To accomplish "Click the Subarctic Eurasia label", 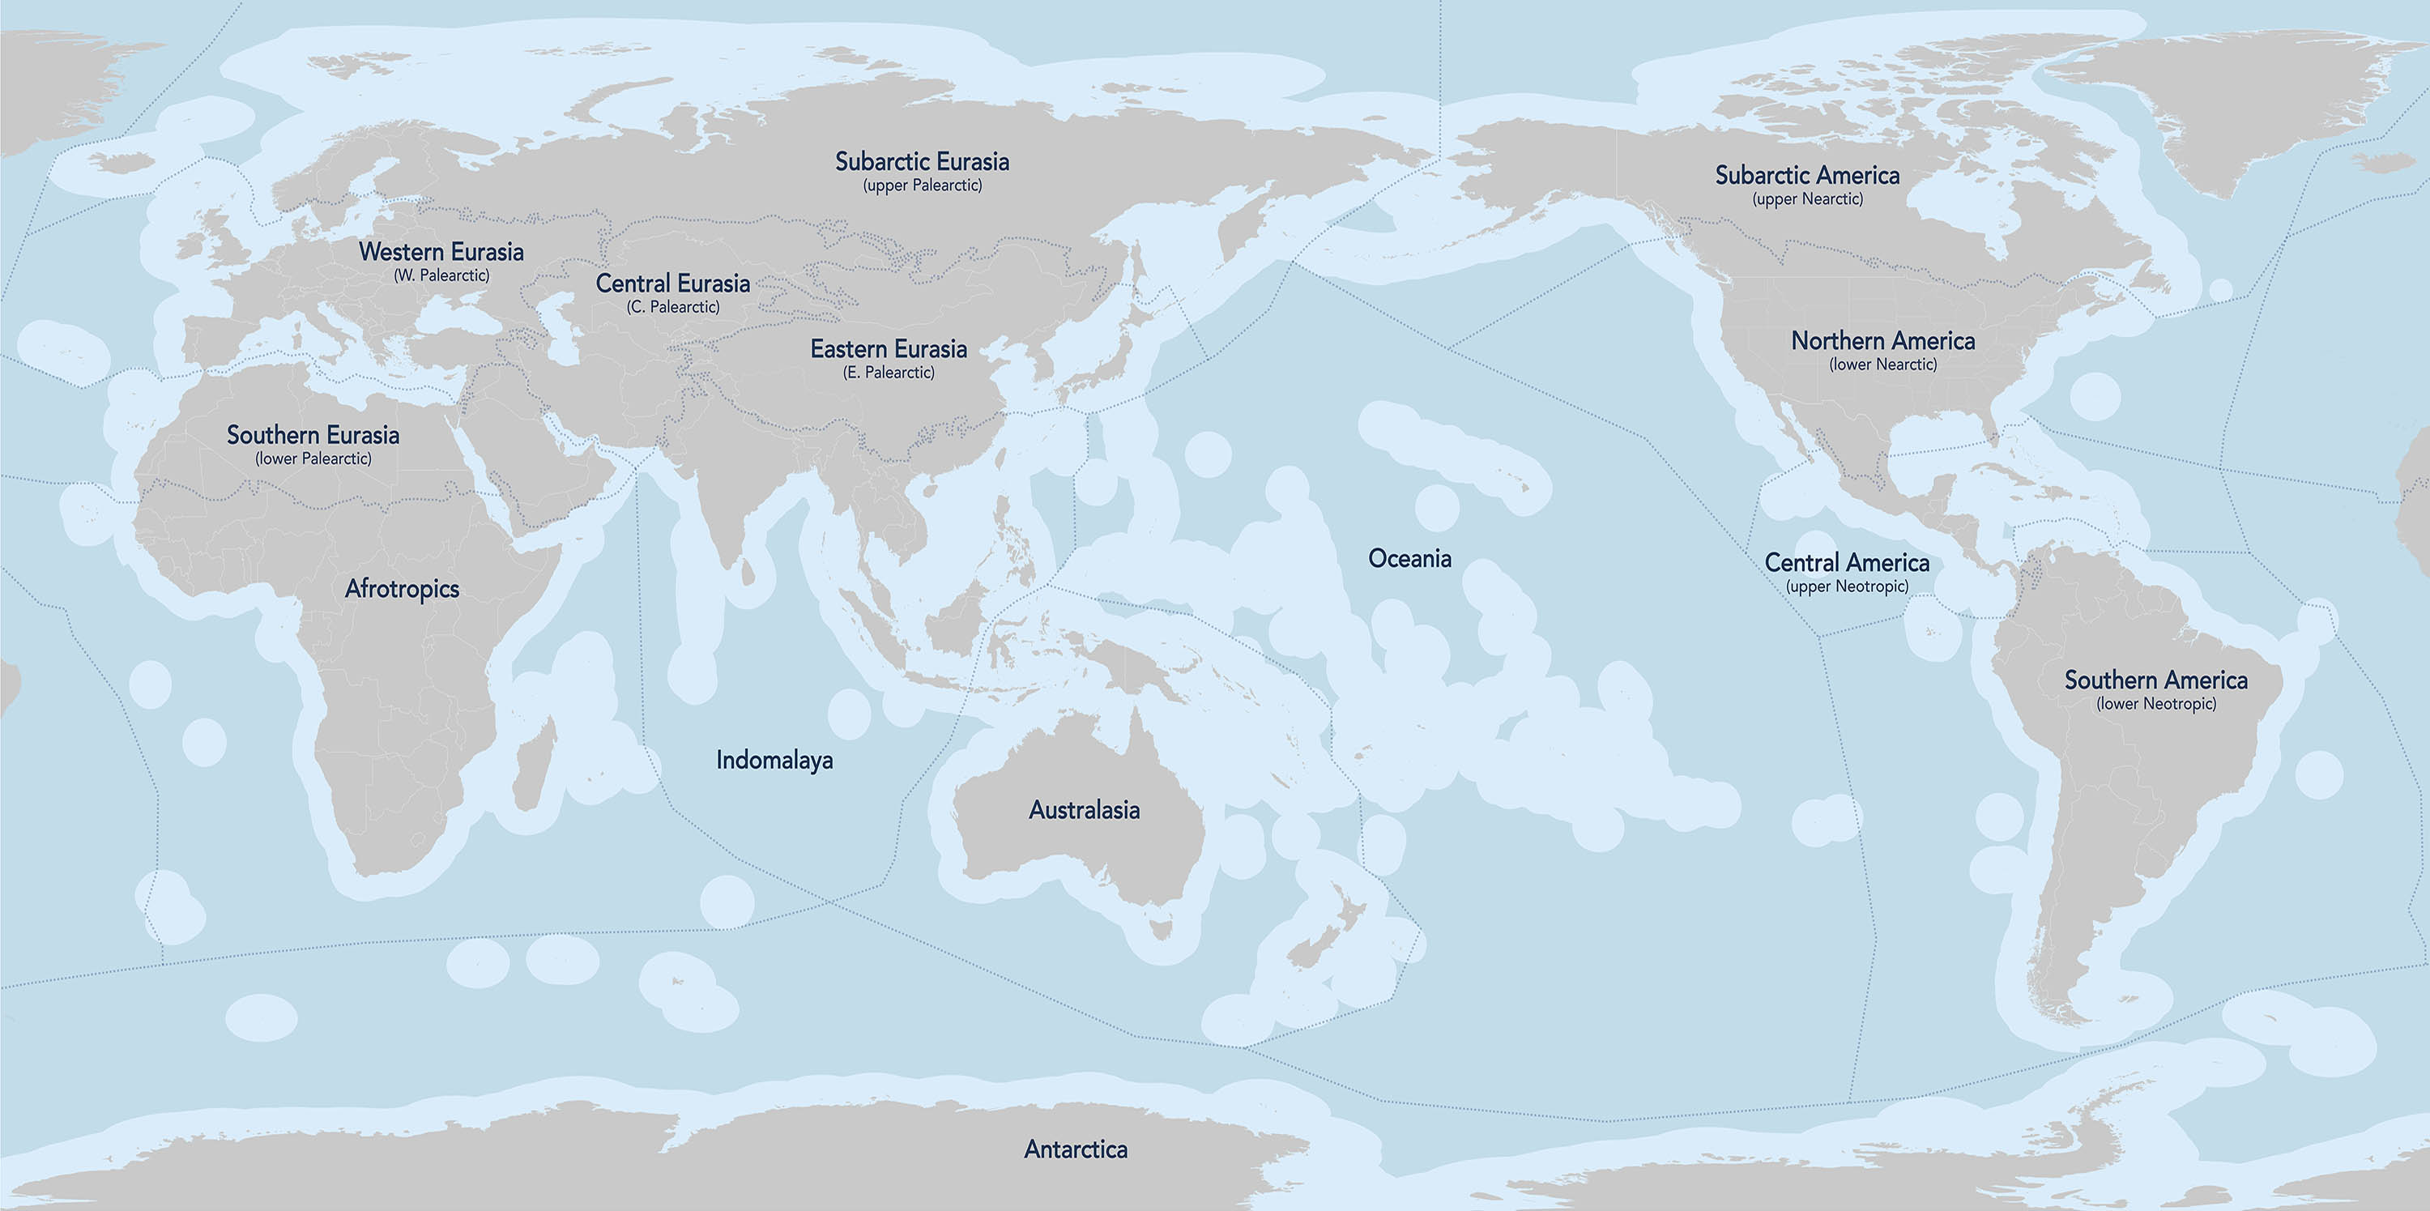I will [922, 162].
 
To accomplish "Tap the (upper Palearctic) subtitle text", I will [922, 185].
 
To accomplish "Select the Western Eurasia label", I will [441, 252].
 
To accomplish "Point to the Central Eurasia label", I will [672, 284].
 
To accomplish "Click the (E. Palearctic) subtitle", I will [889, 373].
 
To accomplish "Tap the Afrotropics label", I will [402, 589].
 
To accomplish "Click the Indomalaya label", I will [774, 760].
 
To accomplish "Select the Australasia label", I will [1084, 810].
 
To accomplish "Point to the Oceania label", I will [1409, 558].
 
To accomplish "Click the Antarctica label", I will [1076, 1149].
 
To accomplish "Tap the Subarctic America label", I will [1806, 176].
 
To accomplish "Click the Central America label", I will [1846, 563].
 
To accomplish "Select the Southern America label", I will [2155, 680].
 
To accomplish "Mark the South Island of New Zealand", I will [1314, 949].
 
